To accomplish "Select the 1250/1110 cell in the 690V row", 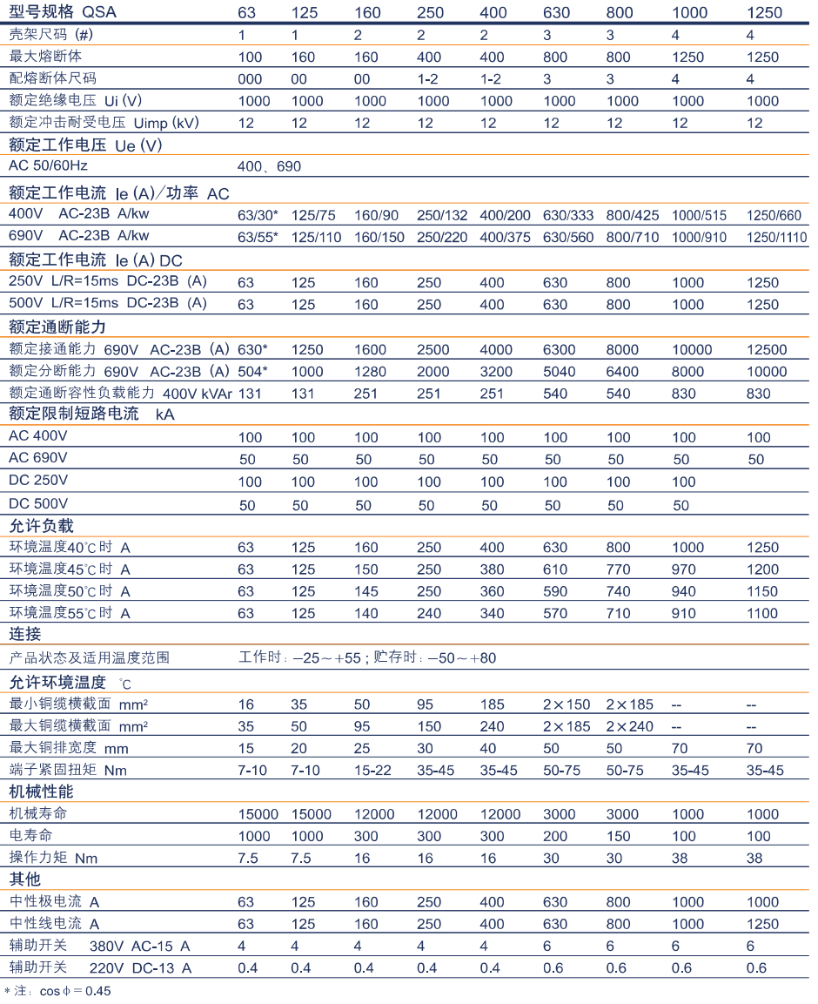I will coord(775,237).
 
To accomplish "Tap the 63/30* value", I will coord(258,215).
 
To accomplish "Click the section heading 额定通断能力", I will coord(57,327).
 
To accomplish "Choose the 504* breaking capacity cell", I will coord(253,372).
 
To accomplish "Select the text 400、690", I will coord(271,165).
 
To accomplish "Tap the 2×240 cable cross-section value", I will coord(629,726).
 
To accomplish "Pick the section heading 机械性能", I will coord(41,792).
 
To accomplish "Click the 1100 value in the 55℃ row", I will coord(763,613).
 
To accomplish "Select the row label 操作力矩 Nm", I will coord(53,859).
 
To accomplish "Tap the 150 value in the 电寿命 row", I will coord(618,836).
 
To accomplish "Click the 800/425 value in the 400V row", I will coord(633,215).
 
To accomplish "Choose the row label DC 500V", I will coord(38,503).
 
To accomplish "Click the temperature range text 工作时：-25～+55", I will coord(300,658).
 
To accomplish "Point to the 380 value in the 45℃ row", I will coord(492,569).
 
